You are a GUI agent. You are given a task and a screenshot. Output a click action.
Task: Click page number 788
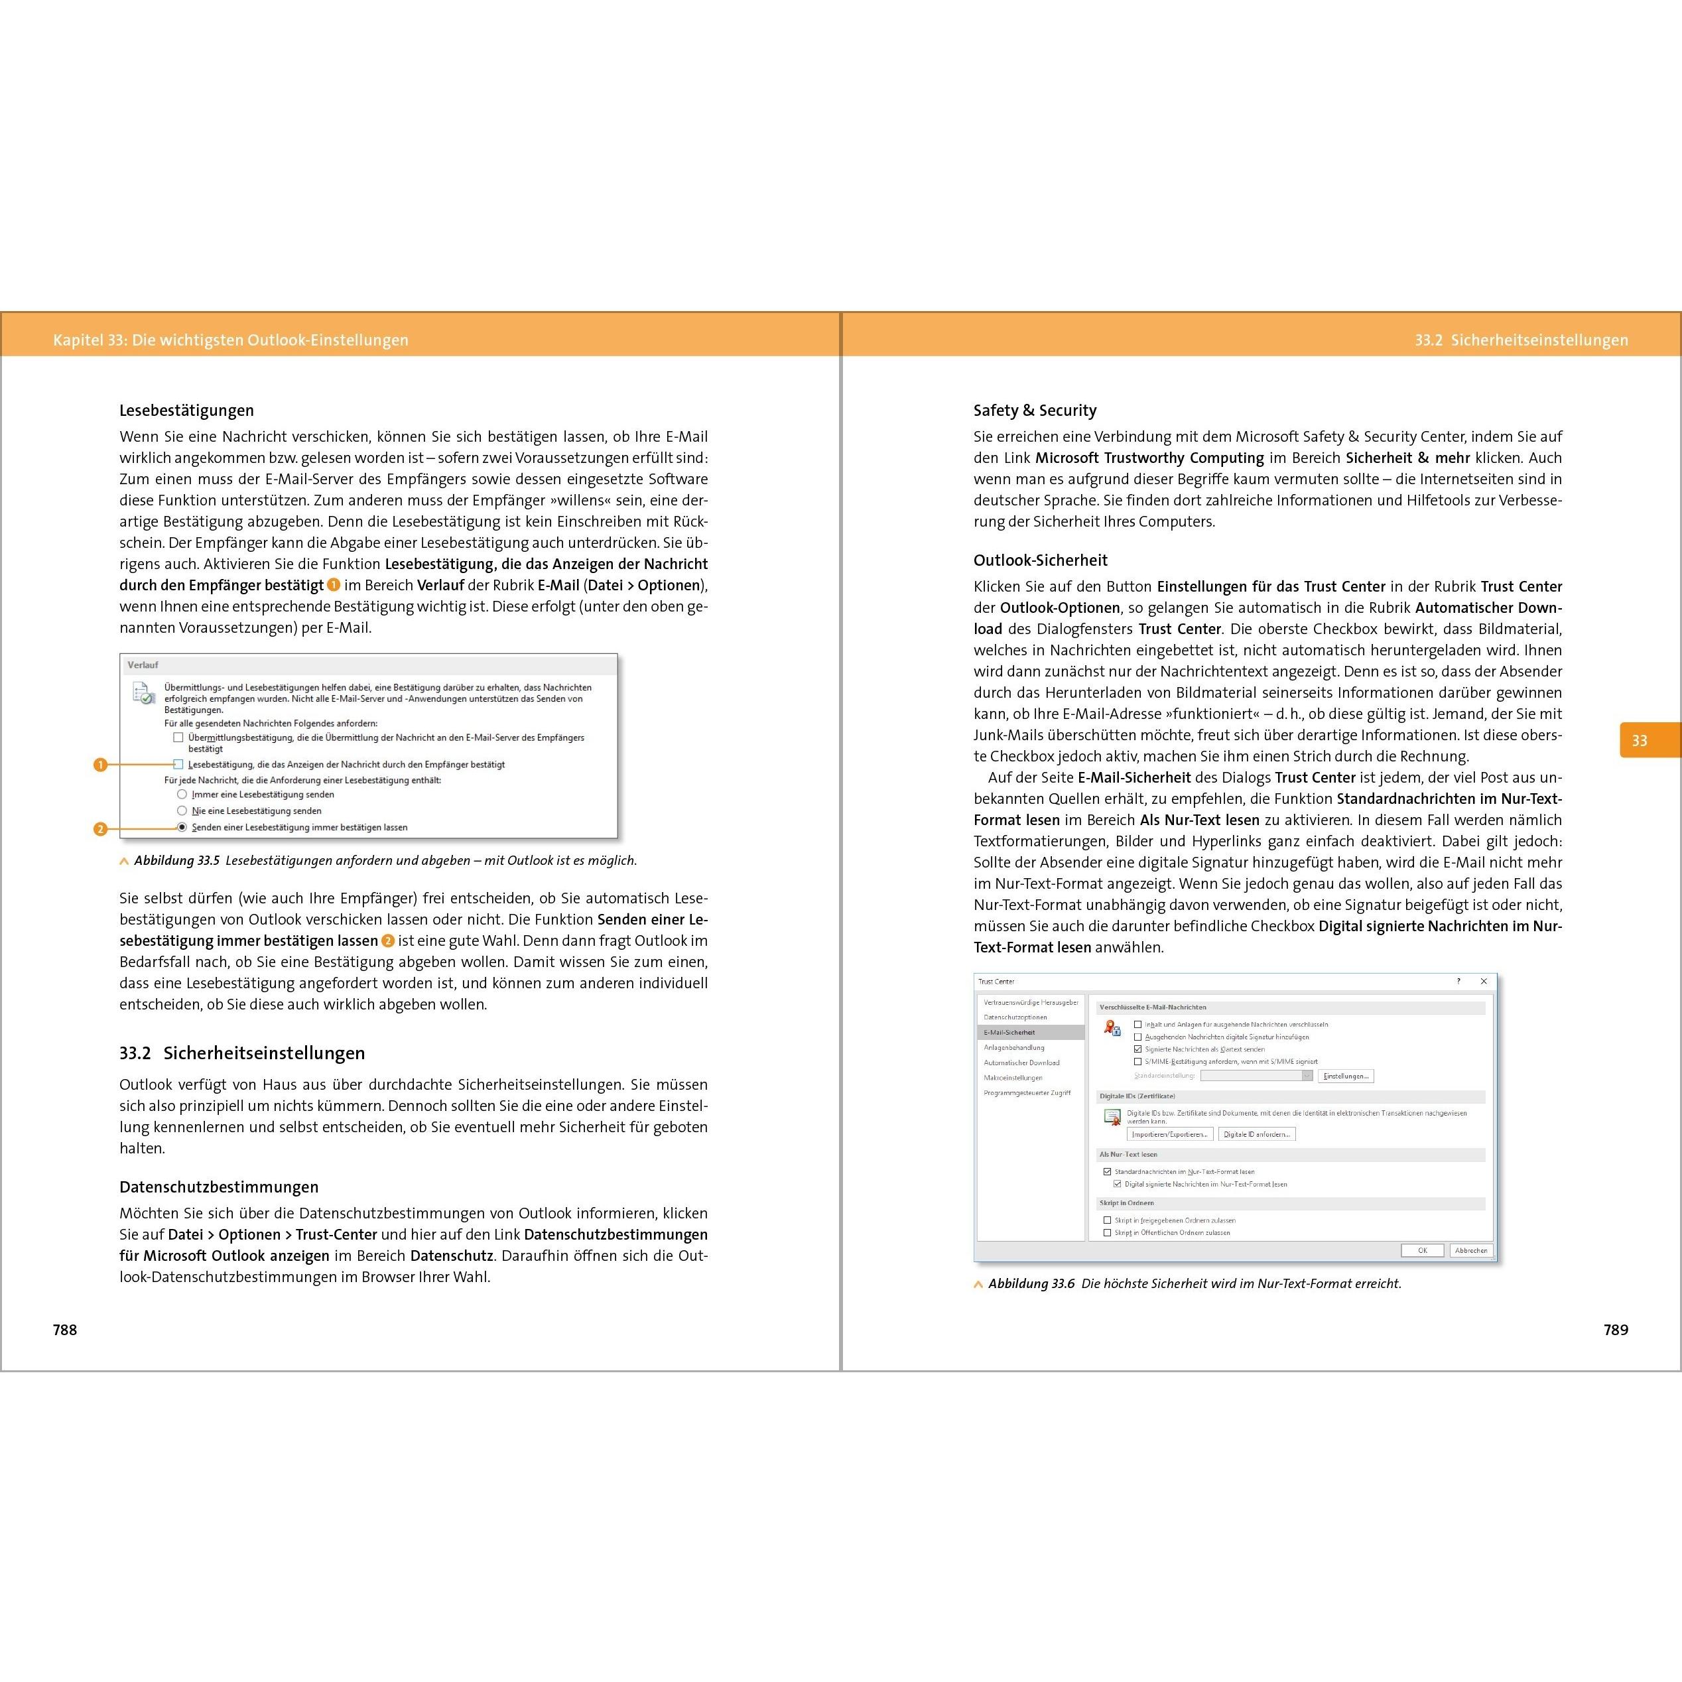coord(65,1329)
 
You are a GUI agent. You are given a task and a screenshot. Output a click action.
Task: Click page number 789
coord(1615,1329)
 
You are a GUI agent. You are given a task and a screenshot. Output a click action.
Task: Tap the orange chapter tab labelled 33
coord(1640,740)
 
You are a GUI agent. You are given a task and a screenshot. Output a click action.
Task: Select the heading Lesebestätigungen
coord(186,410)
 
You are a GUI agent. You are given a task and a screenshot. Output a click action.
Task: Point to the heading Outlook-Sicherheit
coord(1041,560)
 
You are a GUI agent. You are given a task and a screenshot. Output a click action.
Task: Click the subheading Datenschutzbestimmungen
coord(218,1187)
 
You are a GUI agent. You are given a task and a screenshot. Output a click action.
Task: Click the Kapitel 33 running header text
coord(230,340)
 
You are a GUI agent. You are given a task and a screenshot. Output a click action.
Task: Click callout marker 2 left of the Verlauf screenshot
coord(100,829)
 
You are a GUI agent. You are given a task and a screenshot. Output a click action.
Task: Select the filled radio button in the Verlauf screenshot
coord(182,827)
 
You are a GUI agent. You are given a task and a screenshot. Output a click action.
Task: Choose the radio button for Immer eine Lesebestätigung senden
coord(182,794)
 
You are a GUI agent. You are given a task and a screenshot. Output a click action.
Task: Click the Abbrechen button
coord(1470,1250)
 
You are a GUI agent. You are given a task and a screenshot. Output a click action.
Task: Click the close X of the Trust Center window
coord(1484,981)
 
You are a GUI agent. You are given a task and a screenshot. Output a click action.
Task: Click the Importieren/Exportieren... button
coord(1170,1133)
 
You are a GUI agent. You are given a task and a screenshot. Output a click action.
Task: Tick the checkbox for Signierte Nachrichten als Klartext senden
coord(1138,1049)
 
